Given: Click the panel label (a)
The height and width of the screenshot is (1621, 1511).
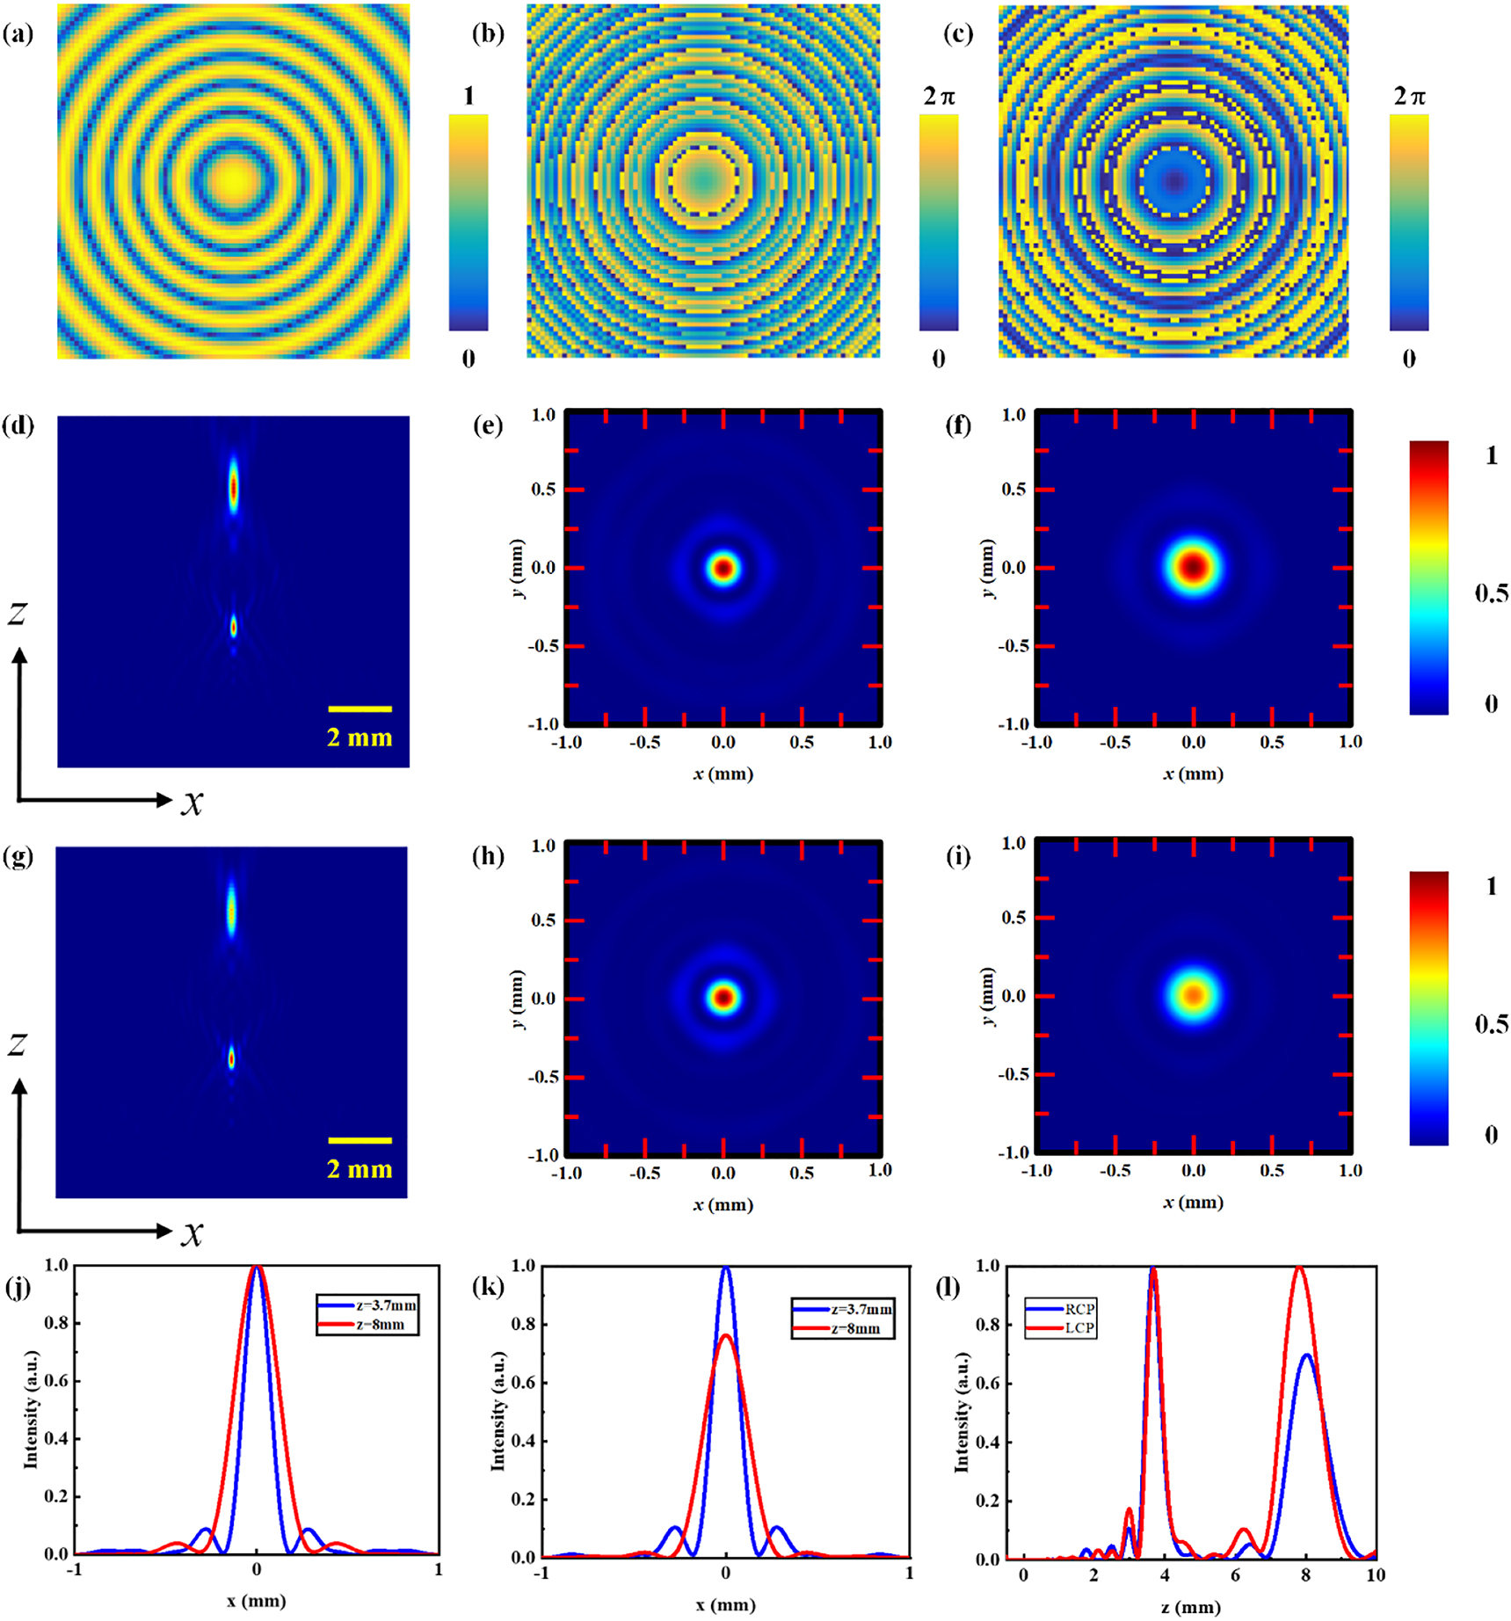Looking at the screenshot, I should pos(18,35).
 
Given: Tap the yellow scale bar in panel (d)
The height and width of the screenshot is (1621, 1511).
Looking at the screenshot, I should pos(360,709).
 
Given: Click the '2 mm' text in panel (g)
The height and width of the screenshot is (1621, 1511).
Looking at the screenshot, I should pos(360,1169).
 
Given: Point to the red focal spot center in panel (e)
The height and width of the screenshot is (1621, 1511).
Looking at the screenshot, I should pos(723,569).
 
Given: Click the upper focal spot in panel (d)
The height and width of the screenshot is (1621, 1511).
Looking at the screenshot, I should pos(234,486).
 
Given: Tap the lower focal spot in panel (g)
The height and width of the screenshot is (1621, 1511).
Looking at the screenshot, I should pos(232,1059).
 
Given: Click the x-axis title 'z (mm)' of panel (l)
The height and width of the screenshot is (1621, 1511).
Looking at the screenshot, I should pos(1191,1607).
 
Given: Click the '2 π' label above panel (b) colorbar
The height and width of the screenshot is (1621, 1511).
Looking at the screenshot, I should pos(939,97).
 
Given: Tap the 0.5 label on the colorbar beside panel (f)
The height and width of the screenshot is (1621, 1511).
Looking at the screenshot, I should pos(1492,594).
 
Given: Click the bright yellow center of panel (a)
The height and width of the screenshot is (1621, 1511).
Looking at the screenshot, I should pos(234,180).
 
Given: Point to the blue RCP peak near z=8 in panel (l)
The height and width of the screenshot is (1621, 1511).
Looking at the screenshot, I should pos(1307,1354).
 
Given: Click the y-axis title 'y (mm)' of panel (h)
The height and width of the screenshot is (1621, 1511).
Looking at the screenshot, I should pos(518,999).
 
